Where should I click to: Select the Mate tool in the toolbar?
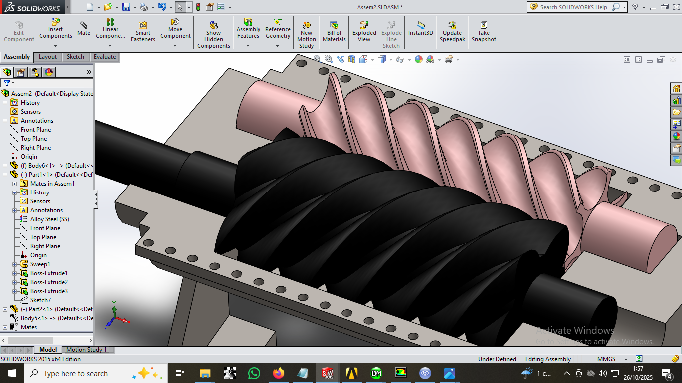click(84, 29)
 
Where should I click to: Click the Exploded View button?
click(364, 32)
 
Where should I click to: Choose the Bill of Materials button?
click(334, 32)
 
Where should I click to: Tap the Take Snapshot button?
click(484, 32)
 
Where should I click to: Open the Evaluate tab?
click(105, 57)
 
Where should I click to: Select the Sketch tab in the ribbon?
click(75, 57)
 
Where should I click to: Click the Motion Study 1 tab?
click(86, 350)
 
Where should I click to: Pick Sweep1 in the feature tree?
click(40, 264)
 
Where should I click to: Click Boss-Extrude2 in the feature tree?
click(49, 282)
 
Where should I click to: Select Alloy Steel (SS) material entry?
click(49, 219)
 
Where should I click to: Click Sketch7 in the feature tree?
click(40, 300)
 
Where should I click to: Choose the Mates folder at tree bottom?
click(28, 327)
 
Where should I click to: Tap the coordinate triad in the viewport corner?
click(115, 316)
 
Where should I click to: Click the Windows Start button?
click(11, 373)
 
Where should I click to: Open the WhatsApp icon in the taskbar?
click(254, 373)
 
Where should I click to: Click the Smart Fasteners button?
click(143, 32)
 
